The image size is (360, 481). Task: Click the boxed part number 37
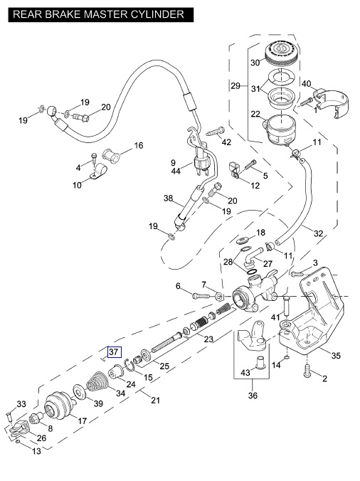coord(114,351)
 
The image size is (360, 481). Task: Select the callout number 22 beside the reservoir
coord(255,114)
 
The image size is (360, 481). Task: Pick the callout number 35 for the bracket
coord(336,356)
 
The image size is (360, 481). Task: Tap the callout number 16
coord(139,145)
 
